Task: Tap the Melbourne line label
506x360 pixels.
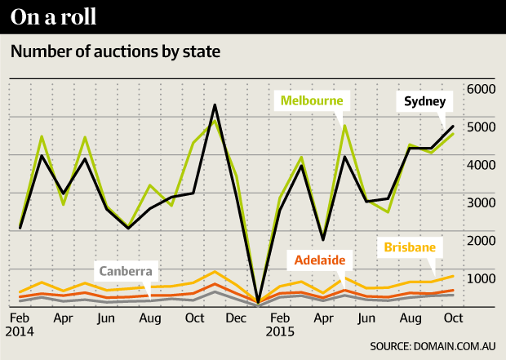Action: pos(314,102)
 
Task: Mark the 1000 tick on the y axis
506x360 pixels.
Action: pos(482,278)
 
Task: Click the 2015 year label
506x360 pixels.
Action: pos(279,334)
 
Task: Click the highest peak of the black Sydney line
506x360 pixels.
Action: pos(214,105)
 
